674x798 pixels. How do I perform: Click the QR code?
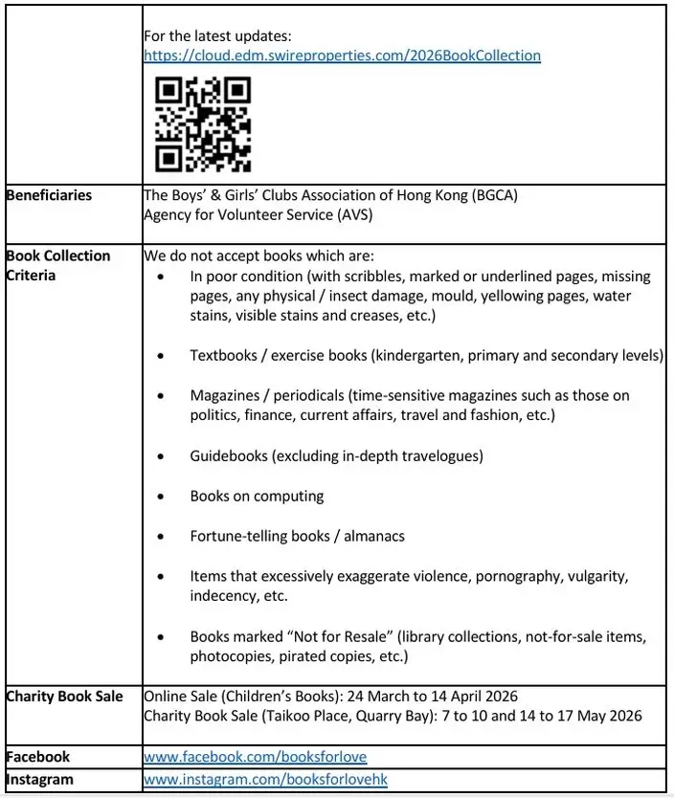pyautogui.click(x=203, y=124)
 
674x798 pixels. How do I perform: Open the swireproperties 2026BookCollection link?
pyautogui.click(x=342, y=55)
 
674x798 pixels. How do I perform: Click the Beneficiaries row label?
pyautogui.click(x=49, y=195)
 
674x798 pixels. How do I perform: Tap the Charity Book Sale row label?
pyautogui.click(x=64, y=696)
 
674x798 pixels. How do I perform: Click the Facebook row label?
pyautogui.click(x=38, y=757)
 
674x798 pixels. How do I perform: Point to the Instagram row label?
pyautogui.click(x=40, y=779)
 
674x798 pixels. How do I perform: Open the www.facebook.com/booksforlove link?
pyautogui.click(x=255, y=757)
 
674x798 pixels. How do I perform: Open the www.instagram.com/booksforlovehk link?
pyautogui.click(x=265, y=779)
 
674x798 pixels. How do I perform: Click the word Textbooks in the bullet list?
pyautogui.click(x=226, y=355)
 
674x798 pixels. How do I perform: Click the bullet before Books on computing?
pyautogui.click(x=168, y=497)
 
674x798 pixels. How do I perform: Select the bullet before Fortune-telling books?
pyautogui.click(x=168, y=537)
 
